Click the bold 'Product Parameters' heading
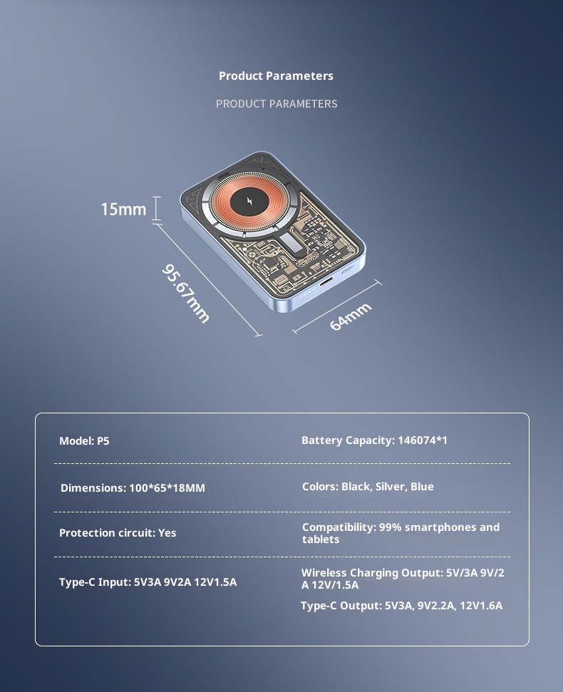[276, 76]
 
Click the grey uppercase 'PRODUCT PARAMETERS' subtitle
[277, 104]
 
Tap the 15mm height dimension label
[123, 210]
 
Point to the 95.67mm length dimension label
[186, 293]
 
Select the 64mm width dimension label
[351, 316]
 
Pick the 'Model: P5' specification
[84, 441]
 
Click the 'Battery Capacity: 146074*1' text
[374, 440]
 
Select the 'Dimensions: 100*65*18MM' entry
[133, 488]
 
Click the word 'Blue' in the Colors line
[422, 487]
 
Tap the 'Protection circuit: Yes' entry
[118, 533]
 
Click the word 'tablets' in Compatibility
[320, 539]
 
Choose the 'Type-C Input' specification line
[148, 582]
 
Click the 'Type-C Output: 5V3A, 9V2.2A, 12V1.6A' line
[401, 606]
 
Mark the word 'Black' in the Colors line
[356, 487]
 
